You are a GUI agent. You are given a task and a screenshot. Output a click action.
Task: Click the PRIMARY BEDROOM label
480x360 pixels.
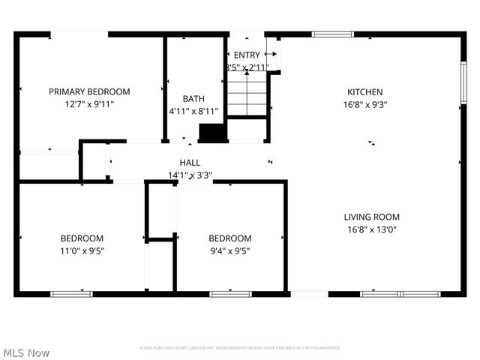(x=89, y=91)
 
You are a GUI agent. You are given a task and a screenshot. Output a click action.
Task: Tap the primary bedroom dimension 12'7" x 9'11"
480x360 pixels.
(x=89, y=104)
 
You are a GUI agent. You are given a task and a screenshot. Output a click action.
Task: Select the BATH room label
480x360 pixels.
(x=193, y=98)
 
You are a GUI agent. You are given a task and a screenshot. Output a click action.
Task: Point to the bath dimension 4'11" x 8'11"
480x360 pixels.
(x=193, y=111)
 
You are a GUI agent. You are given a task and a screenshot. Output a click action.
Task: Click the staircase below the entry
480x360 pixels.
(x=247, y=94)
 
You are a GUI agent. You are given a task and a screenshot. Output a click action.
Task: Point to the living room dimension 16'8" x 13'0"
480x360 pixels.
(x=372, y=229)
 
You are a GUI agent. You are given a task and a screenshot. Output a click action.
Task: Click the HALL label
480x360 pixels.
(x=190, y=163)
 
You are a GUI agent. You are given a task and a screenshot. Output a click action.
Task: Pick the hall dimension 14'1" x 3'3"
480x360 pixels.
(x=190, y=175)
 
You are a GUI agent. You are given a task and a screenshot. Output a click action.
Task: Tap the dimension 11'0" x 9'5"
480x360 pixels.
(x=82, y=251)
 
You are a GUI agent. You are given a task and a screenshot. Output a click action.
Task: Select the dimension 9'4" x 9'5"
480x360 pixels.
(x=229, y=251)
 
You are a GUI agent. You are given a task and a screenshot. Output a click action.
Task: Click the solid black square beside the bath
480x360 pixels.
(x=212, y=133)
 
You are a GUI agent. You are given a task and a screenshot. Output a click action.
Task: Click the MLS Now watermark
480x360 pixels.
(x=26, y=352)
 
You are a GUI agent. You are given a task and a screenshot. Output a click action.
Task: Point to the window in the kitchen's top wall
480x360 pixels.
(x=332, y=34)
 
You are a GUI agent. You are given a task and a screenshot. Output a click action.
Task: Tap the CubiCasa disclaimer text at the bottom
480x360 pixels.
(x=240, y=348)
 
